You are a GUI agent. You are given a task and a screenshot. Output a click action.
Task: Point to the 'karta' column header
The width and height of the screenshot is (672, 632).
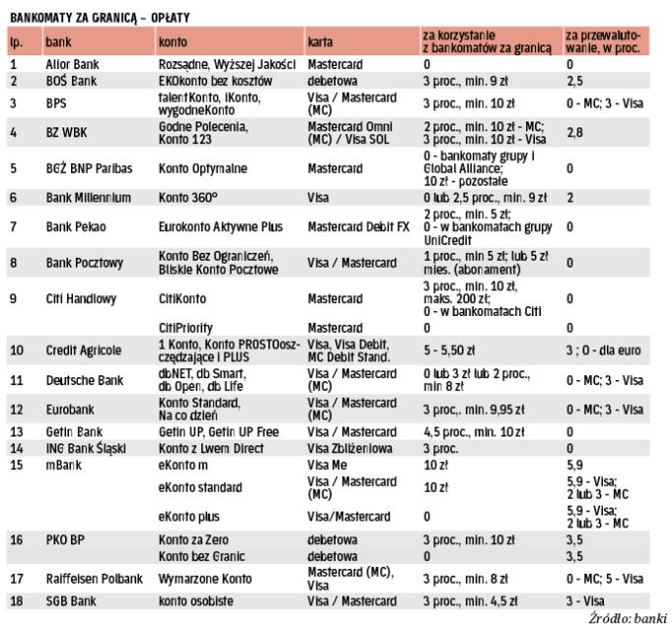pyautogui.click(x=320, y=43)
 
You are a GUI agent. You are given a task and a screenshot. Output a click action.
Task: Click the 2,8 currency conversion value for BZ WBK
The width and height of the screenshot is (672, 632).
pyautogui.click(x=574, y=130)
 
